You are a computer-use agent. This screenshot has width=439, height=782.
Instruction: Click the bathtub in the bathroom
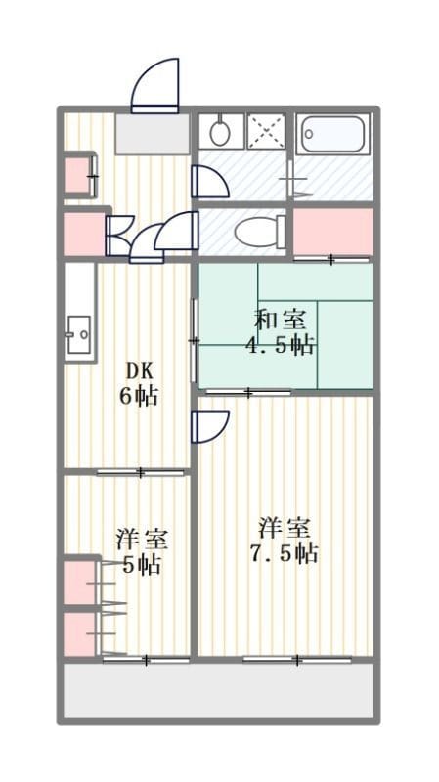click(334, 134)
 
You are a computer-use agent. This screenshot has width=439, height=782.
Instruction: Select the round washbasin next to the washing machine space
click(219, 132)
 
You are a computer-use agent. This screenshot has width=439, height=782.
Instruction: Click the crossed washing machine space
click(266, 132)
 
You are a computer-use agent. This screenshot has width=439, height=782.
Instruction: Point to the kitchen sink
click(79, 334)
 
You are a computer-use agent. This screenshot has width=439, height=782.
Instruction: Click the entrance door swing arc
click(155, 81)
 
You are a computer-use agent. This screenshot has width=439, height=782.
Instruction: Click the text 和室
click(281, 320)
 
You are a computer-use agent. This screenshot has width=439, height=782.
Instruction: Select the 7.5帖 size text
click(285, 553)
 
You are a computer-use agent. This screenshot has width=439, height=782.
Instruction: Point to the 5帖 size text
click(142, 566)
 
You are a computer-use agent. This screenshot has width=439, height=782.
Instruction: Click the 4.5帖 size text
click(280, 345)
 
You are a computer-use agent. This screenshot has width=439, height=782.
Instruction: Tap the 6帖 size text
click(139, 397)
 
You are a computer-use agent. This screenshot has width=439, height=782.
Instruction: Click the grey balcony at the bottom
click(218, 691)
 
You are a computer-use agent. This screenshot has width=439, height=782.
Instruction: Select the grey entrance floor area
click(153, 134)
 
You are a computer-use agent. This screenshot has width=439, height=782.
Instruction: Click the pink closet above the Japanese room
click(333, 231)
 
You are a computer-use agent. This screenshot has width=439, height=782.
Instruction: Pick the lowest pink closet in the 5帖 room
click(79, 632)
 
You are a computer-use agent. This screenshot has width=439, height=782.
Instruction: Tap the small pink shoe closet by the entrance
click(77, 175)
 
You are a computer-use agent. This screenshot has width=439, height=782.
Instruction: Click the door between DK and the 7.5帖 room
click(210, 426)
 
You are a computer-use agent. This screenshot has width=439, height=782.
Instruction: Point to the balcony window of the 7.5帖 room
click(297, 661)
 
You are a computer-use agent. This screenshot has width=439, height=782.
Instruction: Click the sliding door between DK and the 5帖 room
click(141, 472)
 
